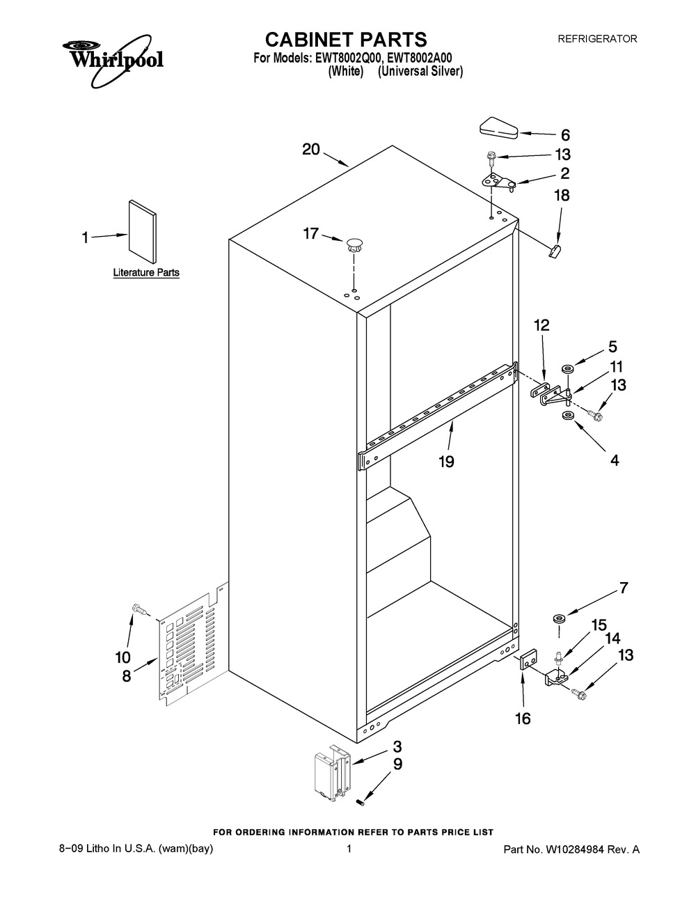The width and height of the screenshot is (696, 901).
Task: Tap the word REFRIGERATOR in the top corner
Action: click(597, 40)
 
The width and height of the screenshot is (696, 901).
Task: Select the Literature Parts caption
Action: click(146, 273)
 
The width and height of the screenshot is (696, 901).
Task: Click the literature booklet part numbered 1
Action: click(141, 228)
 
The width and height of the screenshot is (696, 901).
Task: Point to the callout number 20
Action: click(311, 149)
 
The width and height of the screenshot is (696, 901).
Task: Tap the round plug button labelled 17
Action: click(354, 244)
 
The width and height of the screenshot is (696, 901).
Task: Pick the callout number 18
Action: click(561, 196)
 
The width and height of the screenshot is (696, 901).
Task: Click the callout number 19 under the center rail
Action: click(446, 461)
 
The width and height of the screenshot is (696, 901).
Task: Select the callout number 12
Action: click(541, 325)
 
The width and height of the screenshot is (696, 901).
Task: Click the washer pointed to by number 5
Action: click(568, 365)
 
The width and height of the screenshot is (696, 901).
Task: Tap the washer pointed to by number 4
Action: click(568, 416)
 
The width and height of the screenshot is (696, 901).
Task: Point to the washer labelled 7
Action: click(557, 618)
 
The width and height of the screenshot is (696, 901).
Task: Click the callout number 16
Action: click(522, 718)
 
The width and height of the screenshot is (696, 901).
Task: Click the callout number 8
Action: click(126, 675)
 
